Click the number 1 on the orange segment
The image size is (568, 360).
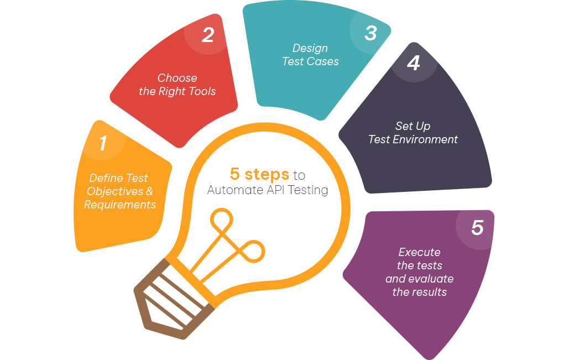click(x=103, y=143)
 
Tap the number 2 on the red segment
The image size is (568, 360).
click(x=208, y=35)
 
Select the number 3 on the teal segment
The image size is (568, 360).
click(x=371, y=33)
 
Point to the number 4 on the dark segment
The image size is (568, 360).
click(x=413, y=63)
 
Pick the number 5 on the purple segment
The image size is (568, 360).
click(x=477, y=227)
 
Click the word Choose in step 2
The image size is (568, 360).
click(x=177, y=78)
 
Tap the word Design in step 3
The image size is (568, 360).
click(x=310, y=49)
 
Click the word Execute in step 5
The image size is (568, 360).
click(x=419, y=252)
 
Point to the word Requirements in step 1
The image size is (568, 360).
click(x=120, y=205)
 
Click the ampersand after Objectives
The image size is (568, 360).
click(x=149, y=191)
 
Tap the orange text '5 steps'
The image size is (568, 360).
click(x=259, y=174)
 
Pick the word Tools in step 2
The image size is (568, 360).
click(x=202, y=91)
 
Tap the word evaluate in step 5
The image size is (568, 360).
click(x=431, y=279)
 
